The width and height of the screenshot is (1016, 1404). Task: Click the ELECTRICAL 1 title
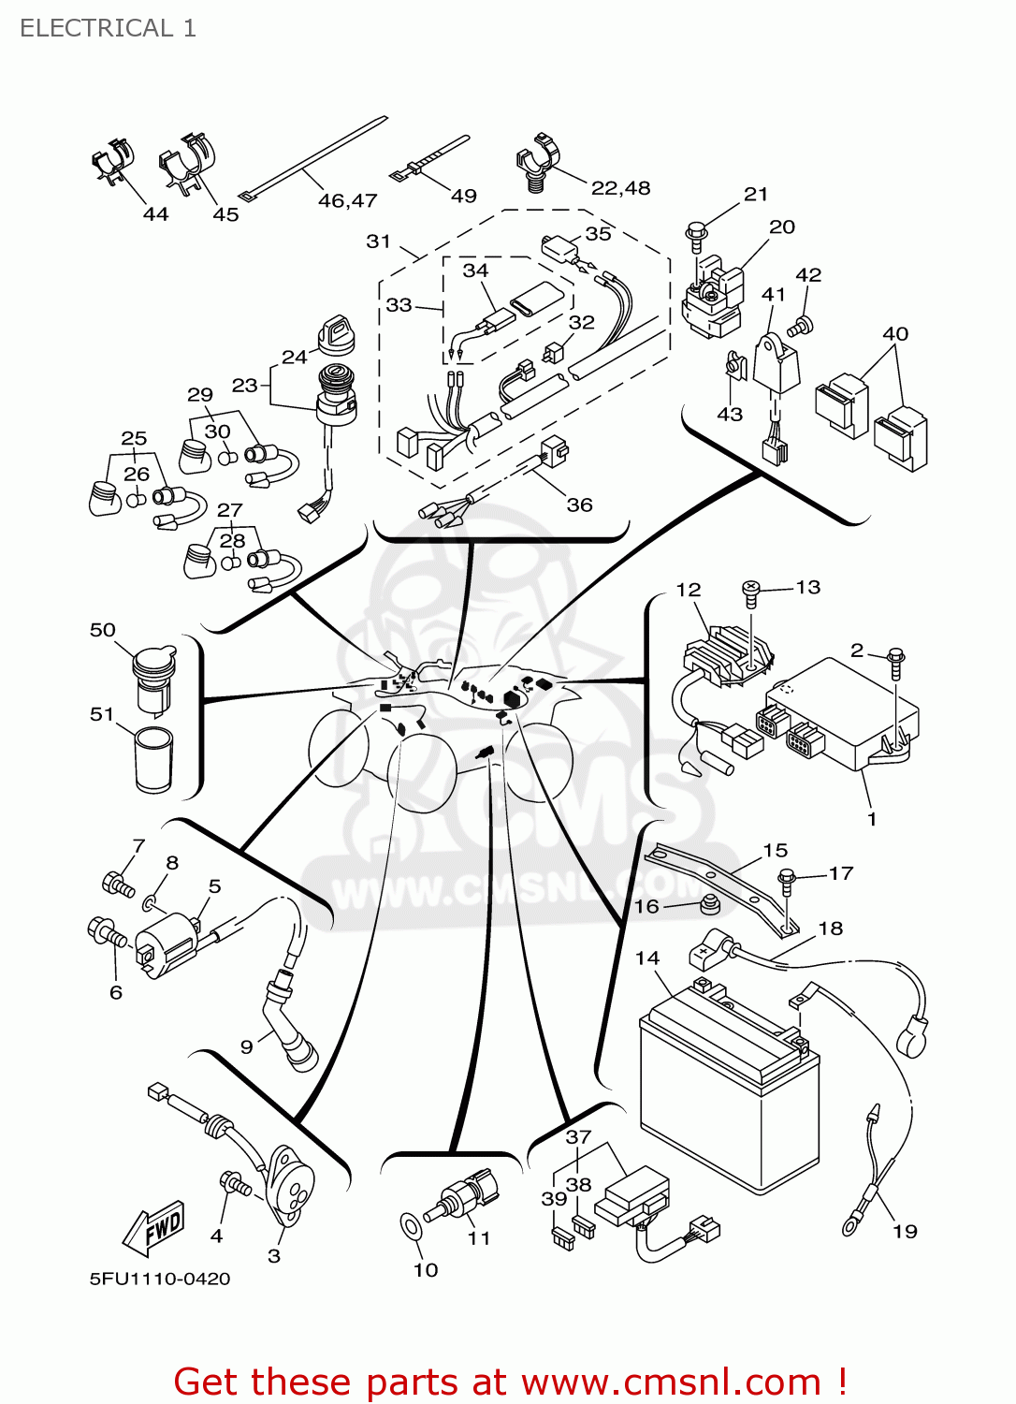coord(108,28)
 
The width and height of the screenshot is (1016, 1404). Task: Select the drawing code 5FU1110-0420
coord(159,1279)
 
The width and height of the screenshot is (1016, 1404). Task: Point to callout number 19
coord(905,1231)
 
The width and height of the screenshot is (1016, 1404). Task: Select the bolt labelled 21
coord(695,235)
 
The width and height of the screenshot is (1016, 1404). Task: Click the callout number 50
coord(102,630)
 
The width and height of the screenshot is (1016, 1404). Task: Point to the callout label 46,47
coord(347,200)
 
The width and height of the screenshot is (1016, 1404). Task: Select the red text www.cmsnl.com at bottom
coord(670,1382)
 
